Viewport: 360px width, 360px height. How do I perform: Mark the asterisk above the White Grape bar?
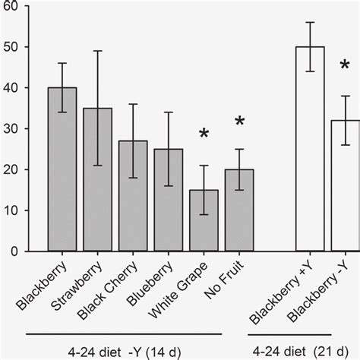pos(204,135)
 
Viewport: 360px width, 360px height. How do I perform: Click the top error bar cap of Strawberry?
pos(97,51)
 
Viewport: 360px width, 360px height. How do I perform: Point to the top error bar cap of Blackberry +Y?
pos(309,22)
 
